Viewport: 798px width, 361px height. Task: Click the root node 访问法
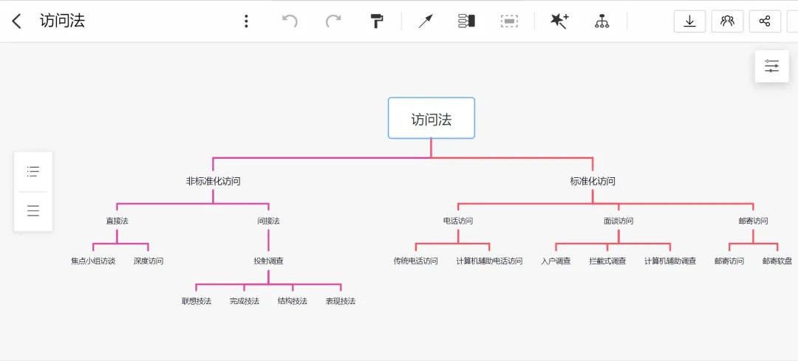432,118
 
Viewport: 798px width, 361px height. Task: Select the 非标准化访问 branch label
213,181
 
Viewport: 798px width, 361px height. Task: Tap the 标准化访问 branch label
593,181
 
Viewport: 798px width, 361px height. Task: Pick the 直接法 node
117,221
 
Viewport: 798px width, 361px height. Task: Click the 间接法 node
268,221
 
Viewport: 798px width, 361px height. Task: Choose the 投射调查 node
268,261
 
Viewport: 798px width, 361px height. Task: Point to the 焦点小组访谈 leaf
93,261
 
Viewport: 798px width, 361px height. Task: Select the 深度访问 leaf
149,261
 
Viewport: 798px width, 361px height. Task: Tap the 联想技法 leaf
197,301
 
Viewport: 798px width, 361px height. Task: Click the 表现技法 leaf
341,301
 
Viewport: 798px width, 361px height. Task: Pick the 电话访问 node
458,221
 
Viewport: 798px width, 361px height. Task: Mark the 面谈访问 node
618,221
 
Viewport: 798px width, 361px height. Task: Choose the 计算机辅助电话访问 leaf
489,261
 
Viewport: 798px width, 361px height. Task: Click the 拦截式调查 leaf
607,261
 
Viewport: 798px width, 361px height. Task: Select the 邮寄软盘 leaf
777,261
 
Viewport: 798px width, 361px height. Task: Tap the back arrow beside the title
17,21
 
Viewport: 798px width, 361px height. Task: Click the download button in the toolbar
689,21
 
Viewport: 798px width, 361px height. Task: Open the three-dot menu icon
246,21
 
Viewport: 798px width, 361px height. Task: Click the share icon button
765,21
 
